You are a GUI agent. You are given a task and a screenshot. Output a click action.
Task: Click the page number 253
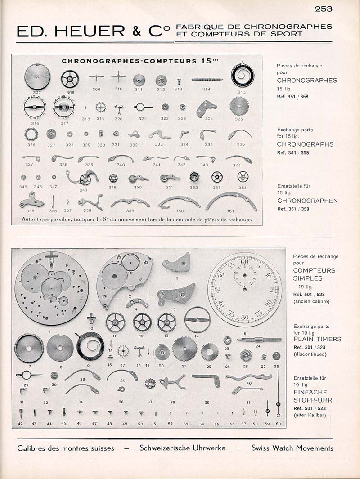[x=323, y=8]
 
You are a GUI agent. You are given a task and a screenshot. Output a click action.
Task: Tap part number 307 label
[x=37, y=92]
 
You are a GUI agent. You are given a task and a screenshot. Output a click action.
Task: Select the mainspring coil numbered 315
[x=243, y=76]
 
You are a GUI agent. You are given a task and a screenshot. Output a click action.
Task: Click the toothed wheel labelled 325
[x=238, y=106]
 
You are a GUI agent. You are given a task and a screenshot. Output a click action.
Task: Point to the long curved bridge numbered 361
[x=231, y=201]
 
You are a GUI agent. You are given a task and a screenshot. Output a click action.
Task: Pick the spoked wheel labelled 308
[x=70, y=79]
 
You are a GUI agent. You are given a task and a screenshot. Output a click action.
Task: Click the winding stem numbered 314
[x=207, y=80]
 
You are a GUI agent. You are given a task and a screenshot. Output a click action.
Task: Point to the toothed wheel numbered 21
[x=184, y=348]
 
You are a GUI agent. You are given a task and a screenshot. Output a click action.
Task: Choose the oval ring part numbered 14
[x=197, y=319]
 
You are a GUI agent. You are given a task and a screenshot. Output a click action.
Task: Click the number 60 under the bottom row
[x=279, y=424]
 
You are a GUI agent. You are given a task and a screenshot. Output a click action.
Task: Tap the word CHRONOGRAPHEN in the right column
[x=307, y=201]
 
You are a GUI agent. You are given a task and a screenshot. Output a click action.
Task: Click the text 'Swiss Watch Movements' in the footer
[x=292, y=448]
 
